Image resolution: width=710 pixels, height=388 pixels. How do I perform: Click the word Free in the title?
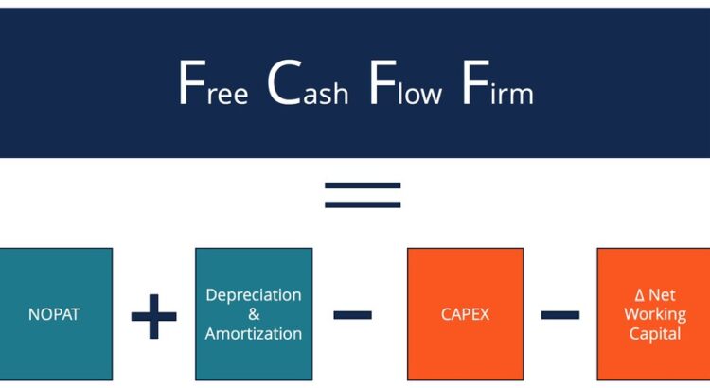(x=213, y=85)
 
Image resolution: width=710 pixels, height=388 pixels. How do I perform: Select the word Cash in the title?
(x=308, y=85)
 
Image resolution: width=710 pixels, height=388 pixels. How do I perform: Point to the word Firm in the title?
(x=497, y=85)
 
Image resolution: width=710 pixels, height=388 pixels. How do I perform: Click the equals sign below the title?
(x=363, y=194)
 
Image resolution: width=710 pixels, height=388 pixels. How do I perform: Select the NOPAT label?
(x=54, y=314)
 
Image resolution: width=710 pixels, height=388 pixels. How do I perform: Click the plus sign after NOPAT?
(x=153, y=315)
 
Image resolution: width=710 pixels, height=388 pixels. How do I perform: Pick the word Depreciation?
(x=254, y=294)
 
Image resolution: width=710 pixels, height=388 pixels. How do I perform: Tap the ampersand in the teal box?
(x=254, y=314)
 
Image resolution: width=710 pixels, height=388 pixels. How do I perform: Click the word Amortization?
(x=254, y=333)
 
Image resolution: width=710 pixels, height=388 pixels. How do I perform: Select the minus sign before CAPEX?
(x=353, y=314)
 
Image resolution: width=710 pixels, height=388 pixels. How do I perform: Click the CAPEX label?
(x=465, y=314)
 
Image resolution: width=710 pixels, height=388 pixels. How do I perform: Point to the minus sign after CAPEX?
(x=559, y=314)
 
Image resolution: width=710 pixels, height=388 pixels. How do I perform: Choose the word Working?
(x=654, y=314)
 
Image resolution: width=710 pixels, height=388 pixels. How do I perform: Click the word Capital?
(x=654, y=333)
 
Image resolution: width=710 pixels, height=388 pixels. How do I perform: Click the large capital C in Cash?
(x=283, y=83)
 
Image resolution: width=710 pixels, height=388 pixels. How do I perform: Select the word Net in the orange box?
(x=663, y=295)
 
